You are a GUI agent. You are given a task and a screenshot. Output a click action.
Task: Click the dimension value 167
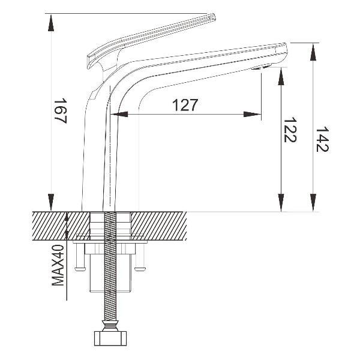[x=61, y=111]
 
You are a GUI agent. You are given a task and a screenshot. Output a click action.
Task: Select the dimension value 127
[x=185, y=105]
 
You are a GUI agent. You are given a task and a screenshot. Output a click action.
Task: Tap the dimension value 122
[x=290, y=130]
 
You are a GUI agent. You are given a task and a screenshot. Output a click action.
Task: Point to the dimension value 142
[x=322, y=139]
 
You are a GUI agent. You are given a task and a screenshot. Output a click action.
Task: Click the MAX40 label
[x=58, y=265]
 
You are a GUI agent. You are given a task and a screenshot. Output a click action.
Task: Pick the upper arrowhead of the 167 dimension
[x=51, y=23]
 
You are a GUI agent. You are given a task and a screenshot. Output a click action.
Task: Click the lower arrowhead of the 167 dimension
[x=51, y=202]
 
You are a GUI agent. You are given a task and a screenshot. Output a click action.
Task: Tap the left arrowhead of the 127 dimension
[x=119, y=114]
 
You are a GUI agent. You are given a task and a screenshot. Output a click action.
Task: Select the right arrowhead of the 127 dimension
[x=253, y=114]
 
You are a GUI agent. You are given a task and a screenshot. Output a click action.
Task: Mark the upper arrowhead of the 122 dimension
[x=281, y=76]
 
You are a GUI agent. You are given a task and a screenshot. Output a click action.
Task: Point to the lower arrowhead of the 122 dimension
[x=281, y=203]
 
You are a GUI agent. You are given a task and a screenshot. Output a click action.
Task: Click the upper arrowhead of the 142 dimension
[x=313, y=52]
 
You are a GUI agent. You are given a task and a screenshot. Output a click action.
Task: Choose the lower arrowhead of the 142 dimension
[x=313, y=203]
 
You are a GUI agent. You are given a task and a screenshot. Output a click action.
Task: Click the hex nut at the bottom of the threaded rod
[x=110, y=338]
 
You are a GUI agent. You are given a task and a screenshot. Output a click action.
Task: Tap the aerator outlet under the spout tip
[x=260, y=67]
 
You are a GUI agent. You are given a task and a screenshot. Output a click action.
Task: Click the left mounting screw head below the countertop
[x=80, y=269]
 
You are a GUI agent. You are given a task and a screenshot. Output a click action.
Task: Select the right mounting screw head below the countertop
[x=140, y=269]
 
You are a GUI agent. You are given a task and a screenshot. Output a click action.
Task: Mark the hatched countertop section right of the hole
[x=158, y=226]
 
